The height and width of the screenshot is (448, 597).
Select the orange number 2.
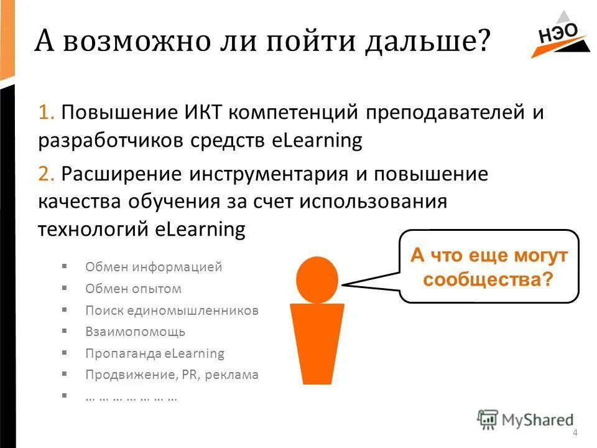(45, 174)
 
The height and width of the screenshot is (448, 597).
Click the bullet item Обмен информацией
(153, 268)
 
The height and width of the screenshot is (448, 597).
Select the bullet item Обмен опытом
(133, 289)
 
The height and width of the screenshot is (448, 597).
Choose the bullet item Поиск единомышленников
(171, 310)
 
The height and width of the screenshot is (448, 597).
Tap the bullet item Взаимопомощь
(135, 332)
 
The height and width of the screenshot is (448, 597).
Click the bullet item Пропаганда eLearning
(154, 353)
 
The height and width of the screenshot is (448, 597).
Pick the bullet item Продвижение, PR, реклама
(171, 375)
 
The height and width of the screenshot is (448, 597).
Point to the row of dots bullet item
(131, 396)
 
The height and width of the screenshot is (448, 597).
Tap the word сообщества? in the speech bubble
(488, 279)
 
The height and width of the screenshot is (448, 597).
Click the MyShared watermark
(526, 420)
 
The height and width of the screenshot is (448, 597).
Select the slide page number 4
(575, 433)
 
